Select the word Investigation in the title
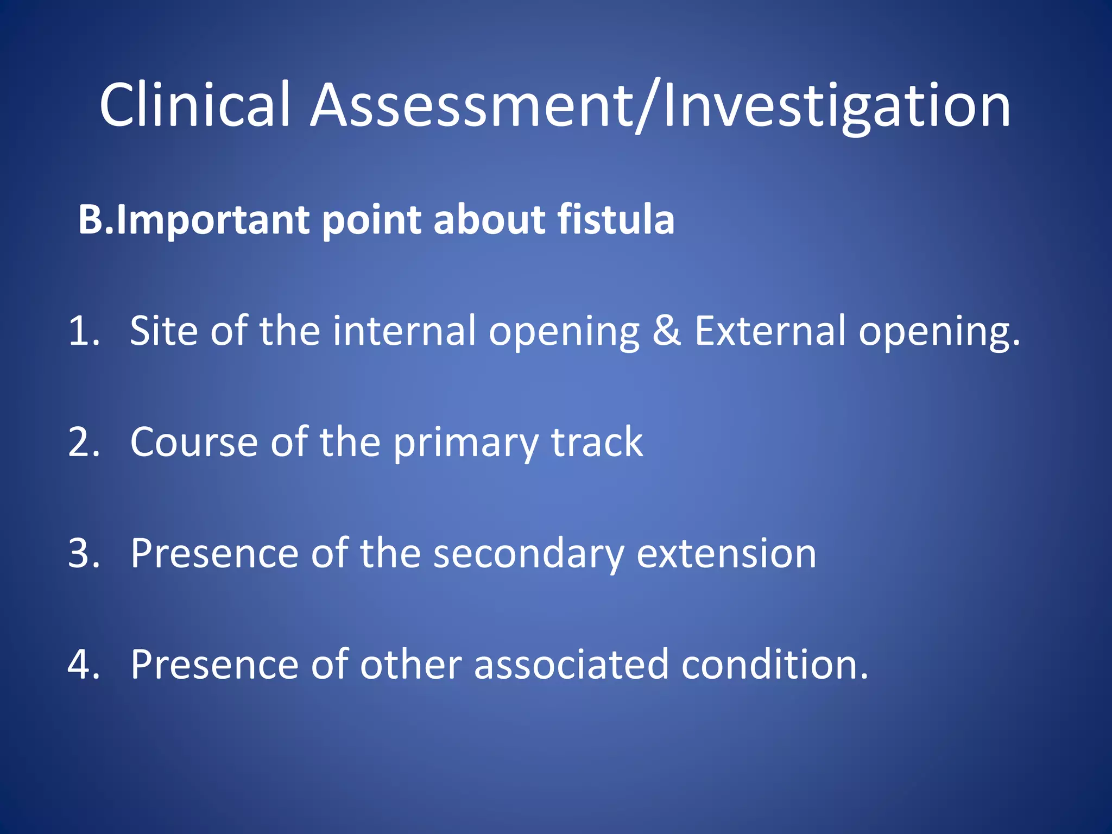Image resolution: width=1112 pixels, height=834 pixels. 836,106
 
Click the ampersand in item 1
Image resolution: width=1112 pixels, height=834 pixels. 666,331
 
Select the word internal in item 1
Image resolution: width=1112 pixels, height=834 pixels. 404,331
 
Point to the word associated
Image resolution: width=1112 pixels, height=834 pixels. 571,665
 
